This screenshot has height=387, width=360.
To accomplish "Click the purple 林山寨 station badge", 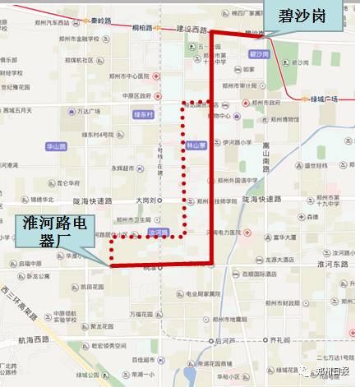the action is [x=194, y=144].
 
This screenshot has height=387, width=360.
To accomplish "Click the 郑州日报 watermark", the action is [x=328, y=371].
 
